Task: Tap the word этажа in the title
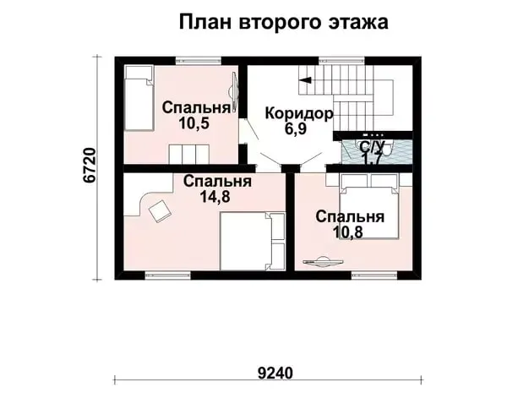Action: [358, 22]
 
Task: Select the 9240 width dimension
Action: [275, 373]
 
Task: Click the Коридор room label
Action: [299, 114]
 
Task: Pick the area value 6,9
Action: [295, 128]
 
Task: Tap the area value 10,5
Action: [194, 123]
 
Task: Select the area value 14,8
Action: [215, 196]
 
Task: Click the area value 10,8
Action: [348, 232]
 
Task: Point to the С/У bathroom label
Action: [372, 147]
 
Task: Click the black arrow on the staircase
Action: [305, 79]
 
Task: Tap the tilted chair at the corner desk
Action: [159, 210]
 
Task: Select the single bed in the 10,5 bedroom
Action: [139, 98]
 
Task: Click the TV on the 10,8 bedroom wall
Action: [324, 261]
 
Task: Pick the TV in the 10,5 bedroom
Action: [234, 92]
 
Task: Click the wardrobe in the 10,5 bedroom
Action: [188, 155]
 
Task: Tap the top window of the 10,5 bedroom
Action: [199, 61]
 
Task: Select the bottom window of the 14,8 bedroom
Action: [168, 275]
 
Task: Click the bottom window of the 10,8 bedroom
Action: [374, 275]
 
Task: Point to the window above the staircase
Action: [341, 61]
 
